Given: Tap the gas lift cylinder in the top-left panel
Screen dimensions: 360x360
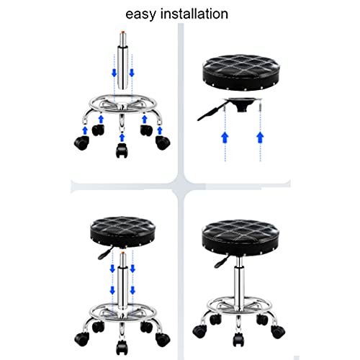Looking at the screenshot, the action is [123, 60].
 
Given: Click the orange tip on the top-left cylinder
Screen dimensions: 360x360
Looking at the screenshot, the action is [123, 32].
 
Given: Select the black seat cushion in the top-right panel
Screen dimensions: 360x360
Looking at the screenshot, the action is [240, 73].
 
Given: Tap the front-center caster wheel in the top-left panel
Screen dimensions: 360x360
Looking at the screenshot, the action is [122, 150].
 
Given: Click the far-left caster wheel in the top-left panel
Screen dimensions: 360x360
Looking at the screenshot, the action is [82, 143].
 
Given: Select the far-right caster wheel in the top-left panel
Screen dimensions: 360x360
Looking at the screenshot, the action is [163, 143].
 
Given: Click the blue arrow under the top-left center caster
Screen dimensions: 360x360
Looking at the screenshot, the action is [122, 138].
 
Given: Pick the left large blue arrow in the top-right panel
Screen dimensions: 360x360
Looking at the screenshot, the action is [225, 138].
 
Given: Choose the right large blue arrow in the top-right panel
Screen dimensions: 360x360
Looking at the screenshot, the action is [260, 138].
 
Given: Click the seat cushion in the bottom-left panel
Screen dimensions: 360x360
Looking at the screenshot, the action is [122, 232].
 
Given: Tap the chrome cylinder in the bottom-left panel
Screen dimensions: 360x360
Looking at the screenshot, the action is [122, 281].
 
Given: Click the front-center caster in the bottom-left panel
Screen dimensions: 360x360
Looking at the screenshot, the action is [122, 346].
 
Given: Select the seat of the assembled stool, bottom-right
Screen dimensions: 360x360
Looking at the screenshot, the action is [240, 238].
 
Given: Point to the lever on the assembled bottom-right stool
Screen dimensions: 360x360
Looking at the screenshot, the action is [221, 261].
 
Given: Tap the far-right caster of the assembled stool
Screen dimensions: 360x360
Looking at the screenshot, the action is [278, 332].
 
